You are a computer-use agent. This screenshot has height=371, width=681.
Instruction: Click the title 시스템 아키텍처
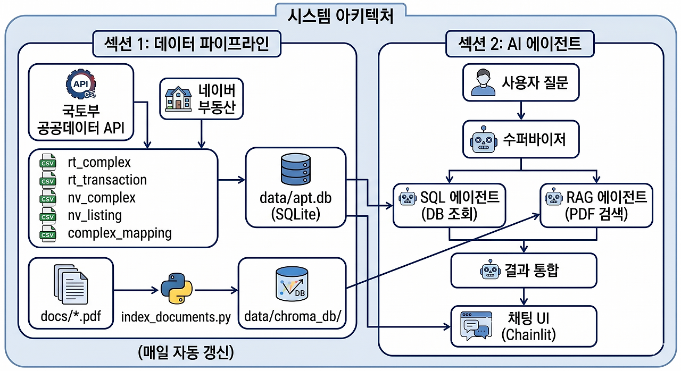click(x=340, y=16)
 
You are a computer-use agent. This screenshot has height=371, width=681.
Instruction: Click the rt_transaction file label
click(x=107, y=180)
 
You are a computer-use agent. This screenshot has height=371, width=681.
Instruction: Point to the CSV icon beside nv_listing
click(x=48, y=216)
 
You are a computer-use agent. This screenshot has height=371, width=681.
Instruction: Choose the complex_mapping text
click(x=120, y=233)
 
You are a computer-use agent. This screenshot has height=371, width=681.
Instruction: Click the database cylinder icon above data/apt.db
click(x=295, y=168)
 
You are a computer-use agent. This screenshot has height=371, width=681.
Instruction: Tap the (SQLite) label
click(x=295, y=214)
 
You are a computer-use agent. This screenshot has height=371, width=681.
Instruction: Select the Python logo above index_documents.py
click(x=176, y=289)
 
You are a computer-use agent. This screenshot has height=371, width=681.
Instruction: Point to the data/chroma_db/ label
click(x=292, y=317)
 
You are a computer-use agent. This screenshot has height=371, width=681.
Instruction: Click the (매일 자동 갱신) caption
click(x=186, y=352)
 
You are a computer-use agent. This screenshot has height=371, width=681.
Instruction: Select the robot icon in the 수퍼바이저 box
click(x=482, y=140)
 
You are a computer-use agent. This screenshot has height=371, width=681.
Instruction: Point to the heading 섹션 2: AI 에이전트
click(x=520, y=44)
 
